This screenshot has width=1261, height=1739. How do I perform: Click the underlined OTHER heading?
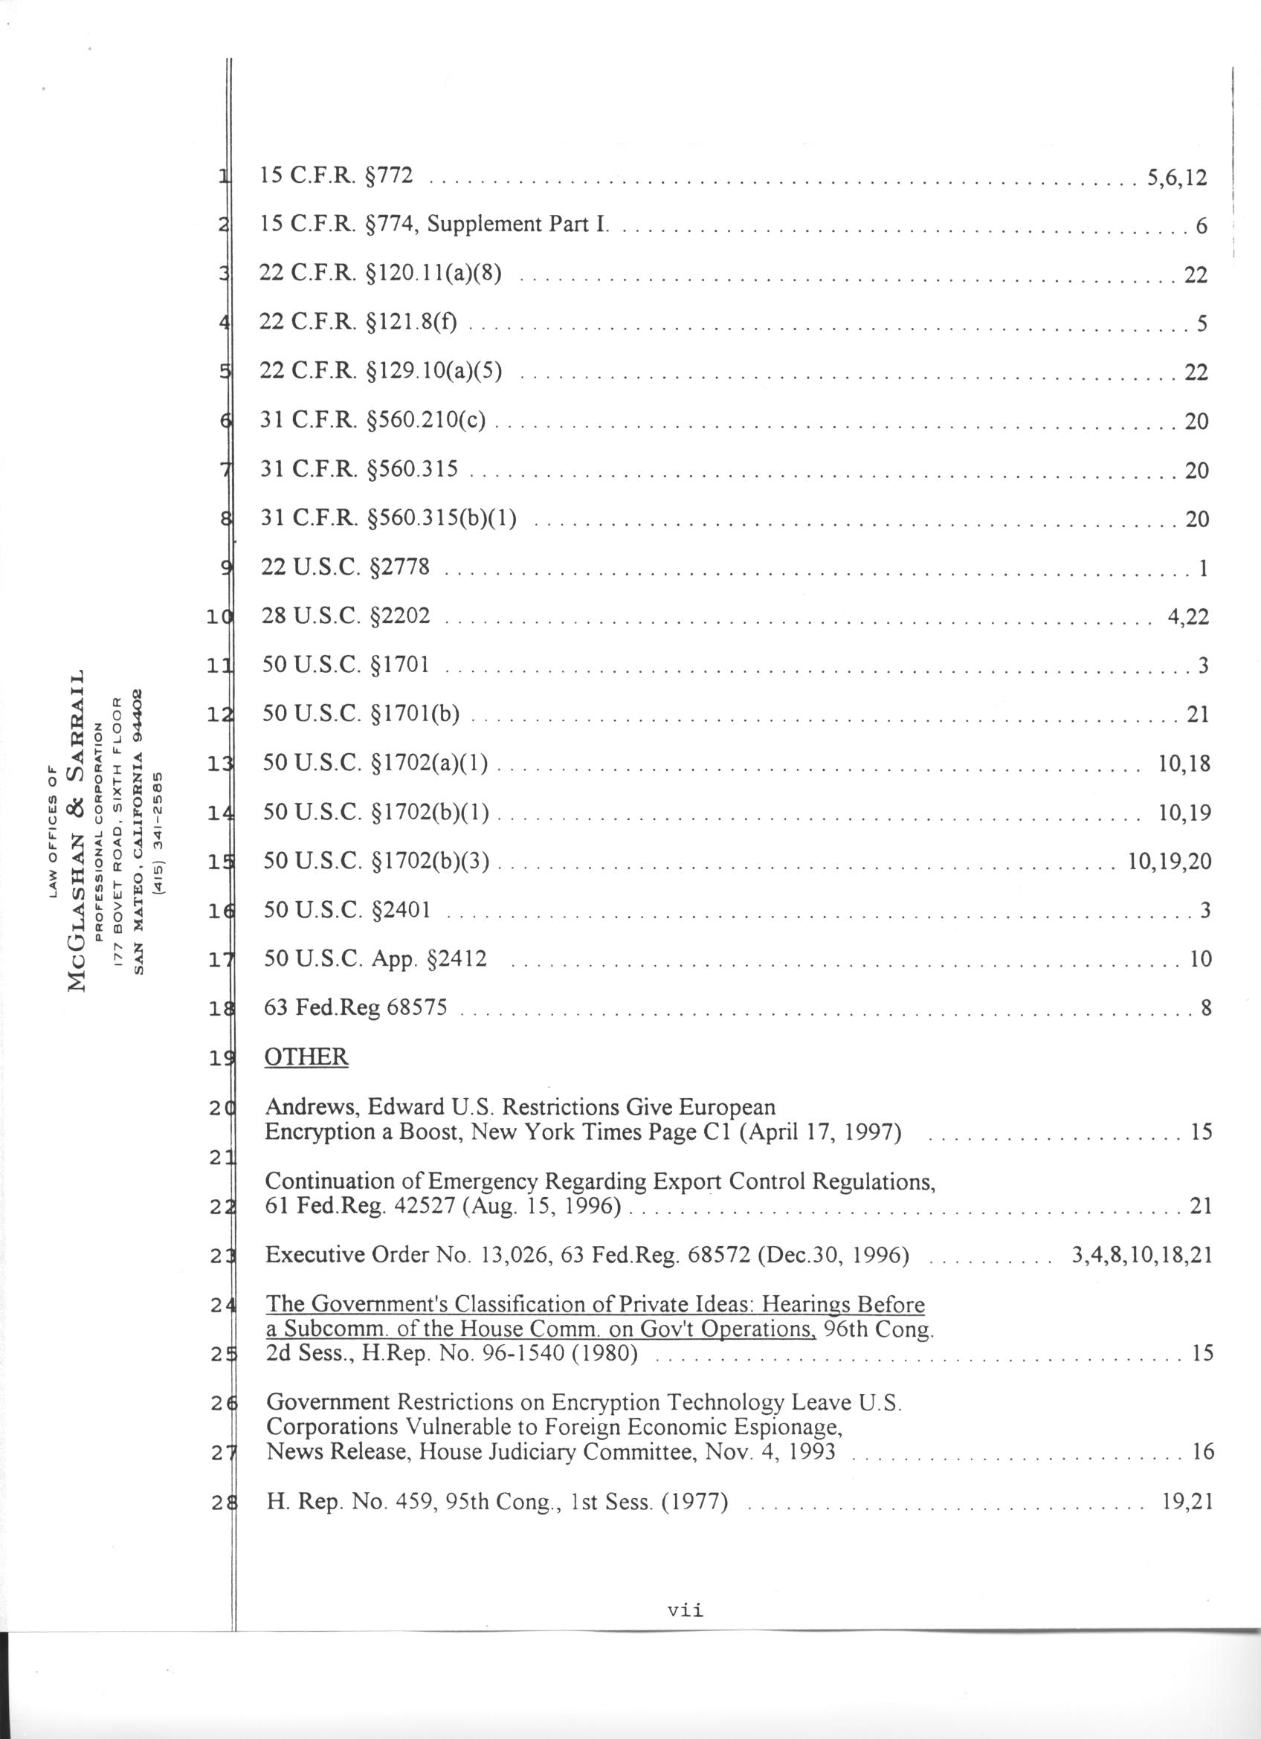(x=306, y=1056)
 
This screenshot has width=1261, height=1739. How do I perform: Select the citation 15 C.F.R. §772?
(x=337, y=175)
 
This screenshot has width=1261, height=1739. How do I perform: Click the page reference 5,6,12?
(x=1177, y=178)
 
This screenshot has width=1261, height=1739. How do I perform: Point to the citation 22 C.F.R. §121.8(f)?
(x=358, y=323)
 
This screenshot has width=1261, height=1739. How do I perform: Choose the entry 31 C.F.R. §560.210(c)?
(x=373, y=420)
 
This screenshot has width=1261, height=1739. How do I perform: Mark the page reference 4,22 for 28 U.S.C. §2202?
(x=1187, y=616)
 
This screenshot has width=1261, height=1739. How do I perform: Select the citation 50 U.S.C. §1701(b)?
(x=361, y=714)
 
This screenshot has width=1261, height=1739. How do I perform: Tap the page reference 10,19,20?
(x=1170, y=861)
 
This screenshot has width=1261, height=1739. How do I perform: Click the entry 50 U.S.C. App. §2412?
(x=375, y=958)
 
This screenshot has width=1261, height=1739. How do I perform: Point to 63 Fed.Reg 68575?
(x=355, y=1007)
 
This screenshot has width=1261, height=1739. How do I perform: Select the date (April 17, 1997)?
(x=819, y=1132)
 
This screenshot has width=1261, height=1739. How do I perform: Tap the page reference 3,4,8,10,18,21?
(x=1141, y=1255)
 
